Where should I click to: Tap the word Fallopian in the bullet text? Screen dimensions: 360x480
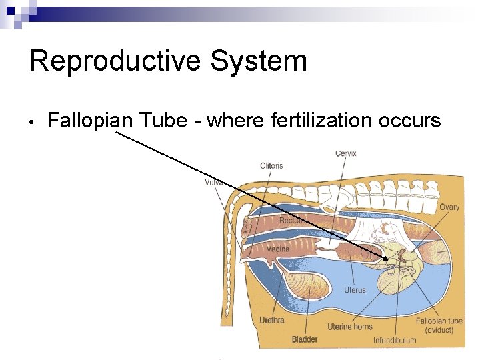90,121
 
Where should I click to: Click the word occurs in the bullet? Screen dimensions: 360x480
410,121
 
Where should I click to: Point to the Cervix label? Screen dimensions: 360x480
345,153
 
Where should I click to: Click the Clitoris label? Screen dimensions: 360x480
271,165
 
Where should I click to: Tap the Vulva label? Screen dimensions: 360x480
214,182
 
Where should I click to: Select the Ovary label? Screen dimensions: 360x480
449,207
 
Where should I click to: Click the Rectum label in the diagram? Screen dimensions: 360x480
291,220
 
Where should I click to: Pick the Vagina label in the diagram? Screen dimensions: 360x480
278,249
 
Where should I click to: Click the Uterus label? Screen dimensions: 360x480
355,290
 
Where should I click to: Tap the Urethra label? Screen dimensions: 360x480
272,320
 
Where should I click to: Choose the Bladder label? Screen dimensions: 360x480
305,339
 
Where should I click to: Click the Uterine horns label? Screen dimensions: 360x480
349,327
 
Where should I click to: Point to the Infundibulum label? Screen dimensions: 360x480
395,340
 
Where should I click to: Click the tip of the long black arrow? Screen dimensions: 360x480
387,259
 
